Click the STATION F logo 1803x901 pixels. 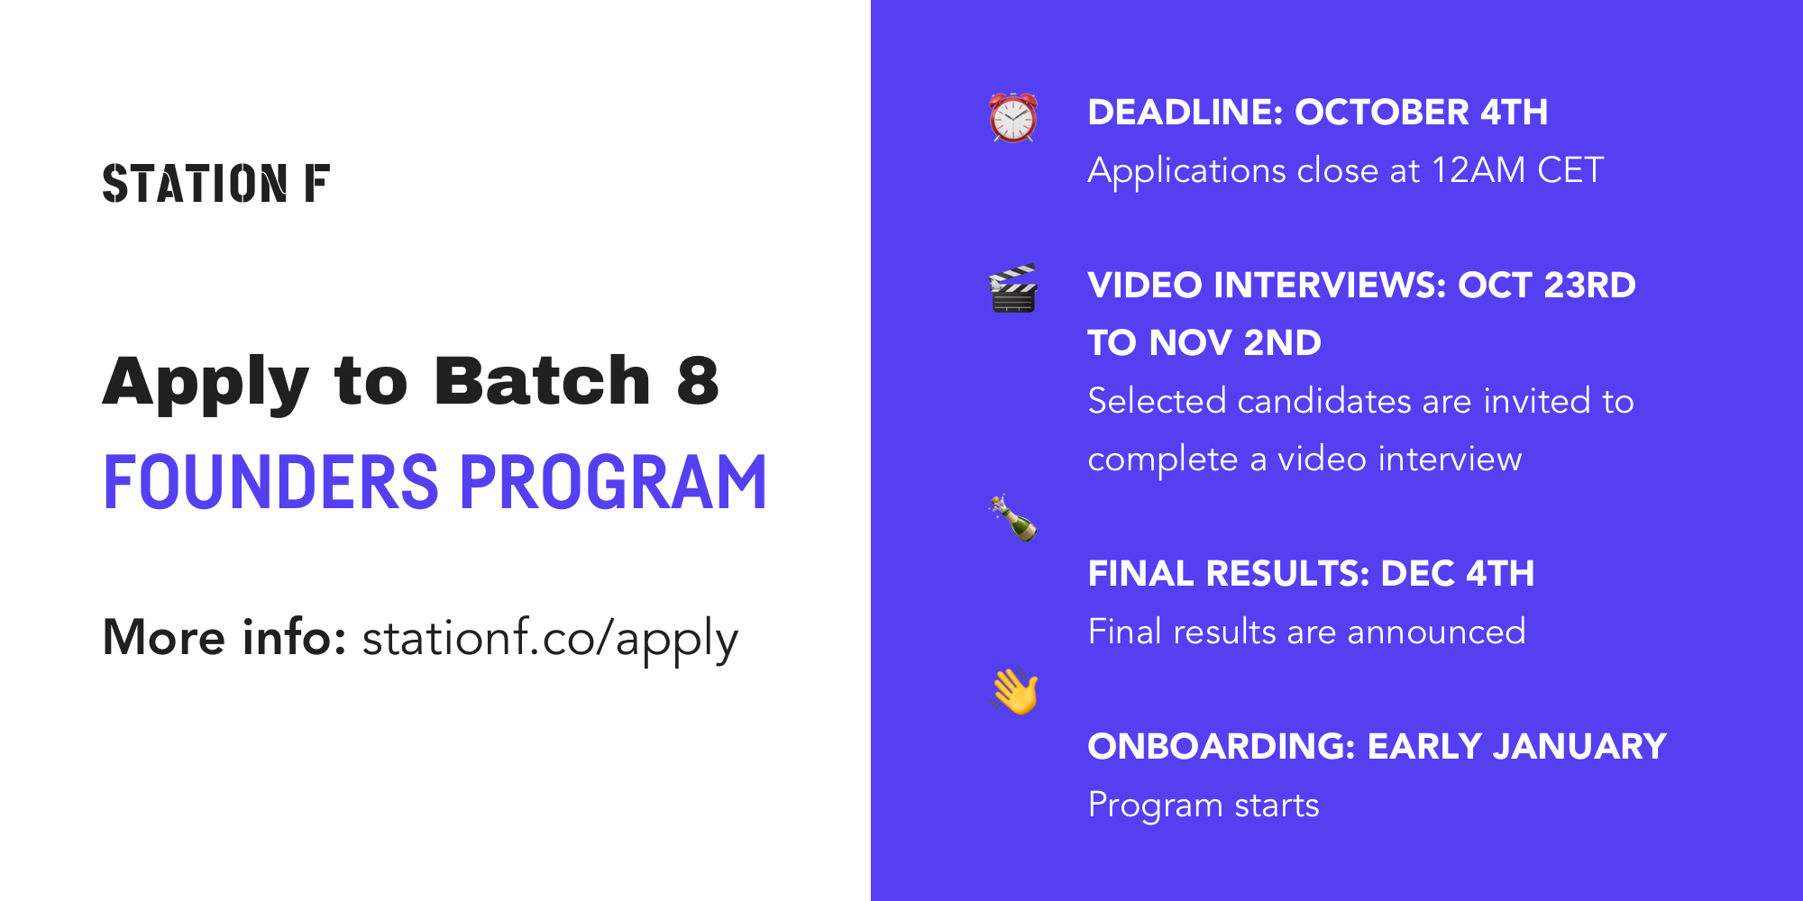(x=216, y=183)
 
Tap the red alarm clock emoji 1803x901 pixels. (x=1013, y=117)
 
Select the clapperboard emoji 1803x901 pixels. (x=1013, y=288)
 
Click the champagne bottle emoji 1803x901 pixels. (x=1013, y=518)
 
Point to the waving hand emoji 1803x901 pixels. (x=1015, y=691)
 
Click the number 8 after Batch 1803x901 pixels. (x=699, y=381)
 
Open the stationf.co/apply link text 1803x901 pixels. (x=550, y=640)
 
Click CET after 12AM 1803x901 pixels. (x=1570, y=170)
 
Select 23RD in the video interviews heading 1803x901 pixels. (x=1590, y=286)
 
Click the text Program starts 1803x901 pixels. (x=1204, y=805)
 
